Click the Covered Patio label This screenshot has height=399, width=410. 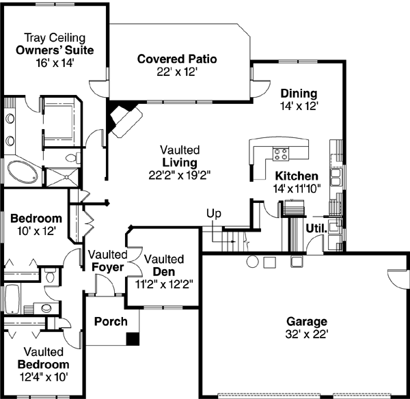pyautogui.click(x=176, y=59)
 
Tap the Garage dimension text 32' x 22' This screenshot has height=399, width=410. pyautogui.click(x=307, y=334)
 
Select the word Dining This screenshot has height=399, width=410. pyautogui.click(x=299, y=94)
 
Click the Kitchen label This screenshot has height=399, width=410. pyautogui.click(x=296, y=176)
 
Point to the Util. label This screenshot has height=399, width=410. pyautogui.click(x=315, y=228)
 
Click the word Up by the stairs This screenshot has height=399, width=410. pyautogui.click(x=214, y=214)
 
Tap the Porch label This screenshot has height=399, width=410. pyautogui.click(x=111, y=321)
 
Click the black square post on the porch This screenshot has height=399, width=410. pyautogui.click(x=133, y=338)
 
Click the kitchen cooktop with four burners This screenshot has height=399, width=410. pyautogui.click(x=280, y=153)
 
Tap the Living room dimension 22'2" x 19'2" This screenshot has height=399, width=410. pyautogui.click(x=180, y=174)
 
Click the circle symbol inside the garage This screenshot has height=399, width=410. pyautogui.click(x=251, y=260)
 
